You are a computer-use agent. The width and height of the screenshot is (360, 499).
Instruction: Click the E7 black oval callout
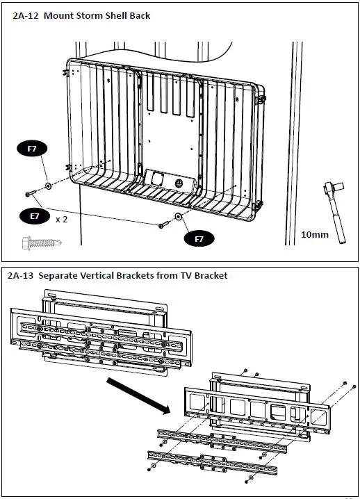coord(35,216)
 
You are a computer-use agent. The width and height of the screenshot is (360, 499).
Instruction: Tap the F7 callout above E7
coord(32,148)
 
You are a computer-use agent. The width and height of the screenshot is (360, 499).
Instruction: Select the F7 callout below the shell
coord(199,238)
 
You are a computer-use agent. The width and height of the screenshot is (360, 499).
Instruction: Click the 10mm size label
coord(315,234)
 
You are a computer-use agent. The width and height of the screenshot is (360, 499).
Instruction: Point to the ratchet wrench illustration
coord(335,212)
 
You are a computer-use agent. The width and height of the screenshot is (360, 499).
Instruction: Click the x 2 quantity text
coord(61,220)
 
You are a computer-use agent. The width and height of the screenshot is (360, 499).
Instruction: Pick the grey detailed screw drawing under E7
coord(42,243)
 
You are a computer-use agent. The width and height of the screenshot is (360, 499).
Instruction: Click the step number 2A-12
coord(26,15)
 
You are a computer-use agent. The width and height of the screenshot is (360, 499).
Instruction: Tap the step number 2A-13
coord(20,275)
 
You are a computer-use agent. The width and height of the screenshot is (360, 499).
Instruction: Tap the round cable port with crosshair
coord(179,183)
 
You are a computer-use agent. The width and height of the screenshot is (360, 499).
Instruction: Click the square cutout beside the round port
coord(157,179)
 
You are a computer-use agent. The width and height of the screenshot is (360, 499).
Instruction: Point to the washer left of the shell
coord(49,186)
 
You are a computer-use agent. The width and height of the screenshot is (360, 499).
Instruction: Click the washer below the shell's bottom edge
coord(178,216)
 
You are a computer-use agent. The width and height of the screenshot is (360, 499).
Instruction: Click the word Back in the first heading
coord(140,15)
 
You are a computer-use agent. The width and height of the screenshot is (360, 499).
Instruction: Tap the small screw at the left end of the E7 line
coord(31,193)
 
